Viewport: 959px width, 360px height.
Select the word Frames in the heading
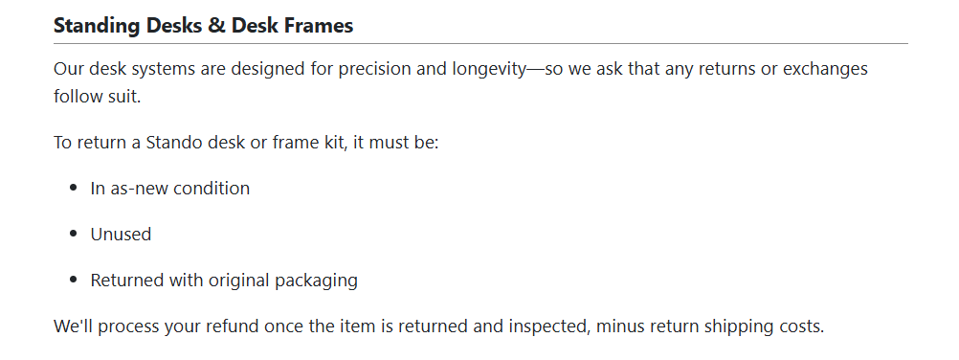[320, 26]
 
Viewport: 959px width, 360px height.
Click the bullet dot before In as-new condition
[74, 189]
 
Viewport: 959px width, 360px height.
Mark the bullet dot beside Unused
[74, 235]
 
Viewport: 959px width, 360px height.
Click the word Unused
[121, 235]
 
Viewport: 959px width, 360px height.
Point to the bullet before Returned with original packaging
[74, 281]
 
